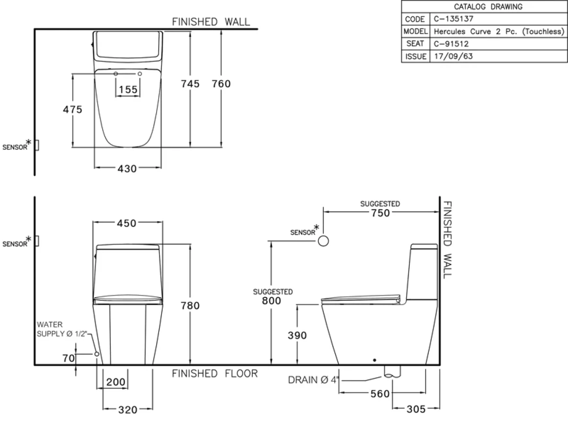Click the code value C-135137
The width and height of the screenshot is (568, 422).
(454, 19)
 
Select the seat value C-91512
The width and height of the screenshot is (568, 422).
(451, 44)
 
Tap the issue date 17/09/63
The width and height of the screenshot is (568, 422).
(453, 56)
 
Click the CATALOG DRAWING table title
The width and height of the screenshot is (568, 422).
(488, 6)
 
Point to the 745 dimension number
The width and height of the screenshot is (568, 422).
(190, 84)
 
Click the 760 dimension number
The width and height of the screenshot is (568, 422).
(221, 84)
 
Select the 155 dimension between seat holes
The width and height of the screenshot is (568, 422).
(128, 90)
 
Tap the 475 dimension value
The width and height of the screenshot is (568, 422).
(73, 109)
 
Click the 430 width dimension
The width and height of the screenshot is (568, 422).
(127, 169)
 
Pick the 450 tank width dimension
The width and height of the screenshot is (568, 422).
(127, 223)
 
